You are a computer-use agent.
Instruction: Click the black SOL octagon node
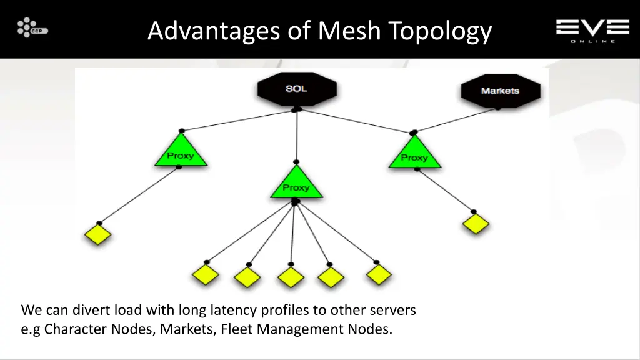tap(297, 89)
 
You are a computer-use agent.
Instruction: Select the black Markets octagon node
tap(500, 91)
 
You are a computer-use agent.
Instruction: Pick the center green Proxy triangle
tap(296, 185)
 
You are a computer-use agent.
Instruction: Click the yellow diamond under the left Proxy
tap(97, 234)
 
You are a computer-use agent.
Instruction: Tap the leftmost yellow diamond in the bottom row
tap(205, 274)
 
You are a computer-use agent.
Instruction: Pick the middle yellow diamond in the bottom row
tap(290, 276)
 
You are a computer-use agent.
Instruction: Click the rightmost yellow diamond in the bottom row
tap(378, 274)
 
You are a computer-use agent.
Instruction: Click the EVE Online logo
tap(592, 30)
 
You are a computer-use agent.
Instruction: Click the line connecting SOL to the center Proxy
tap(297, 134)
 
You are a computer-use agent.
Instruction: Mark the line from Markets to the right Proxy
tap(455, 120)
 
